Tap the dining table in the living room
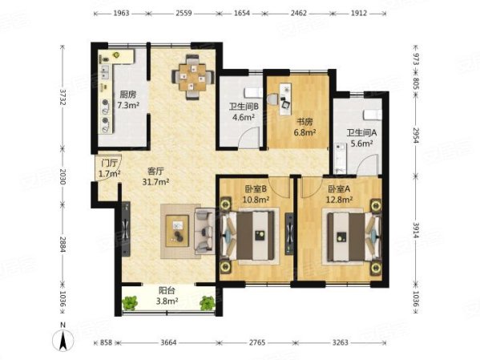click(192, 77)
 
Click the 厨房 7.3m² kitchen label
click(128, 99)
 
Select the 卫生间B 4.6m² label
click(244, 111)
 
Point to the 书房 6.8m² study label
click(305, 127)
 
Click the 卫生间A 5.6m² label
click(361, 138)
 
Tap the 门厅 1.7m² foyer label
click(109, 168)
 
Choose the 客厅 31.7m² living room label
click(155, 176)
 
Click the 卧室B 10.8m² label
click(256, 194)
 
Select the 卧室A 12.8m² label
click(339, 194)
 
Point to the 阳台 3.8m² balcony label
click(167, 296)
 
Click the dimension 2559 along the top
click(184, 13)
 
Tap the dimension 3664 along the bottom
click(168, 342)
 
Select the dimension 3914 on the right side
click(416, 230)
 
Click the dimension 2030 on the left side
click(63, 176)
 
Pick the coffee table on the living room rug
click(177, 230)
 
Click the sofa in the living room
click(205, 231)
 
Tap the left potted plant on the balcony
click(130, 303)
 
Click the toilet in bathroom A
click(373, 115)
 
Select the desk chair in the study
click(285, 104)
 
